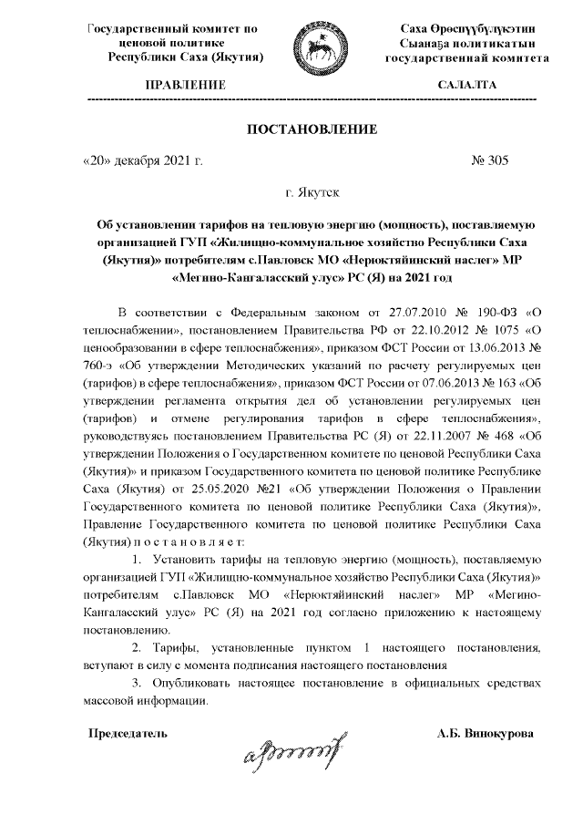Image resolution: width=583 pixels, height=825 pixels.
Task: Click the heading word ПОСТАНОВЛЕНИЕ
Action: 312,129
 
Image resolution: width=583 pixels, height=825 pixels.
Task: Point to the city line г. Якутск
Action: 312,191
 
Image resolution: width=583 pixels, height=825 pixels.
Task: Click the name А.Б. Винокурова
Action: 486,733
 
